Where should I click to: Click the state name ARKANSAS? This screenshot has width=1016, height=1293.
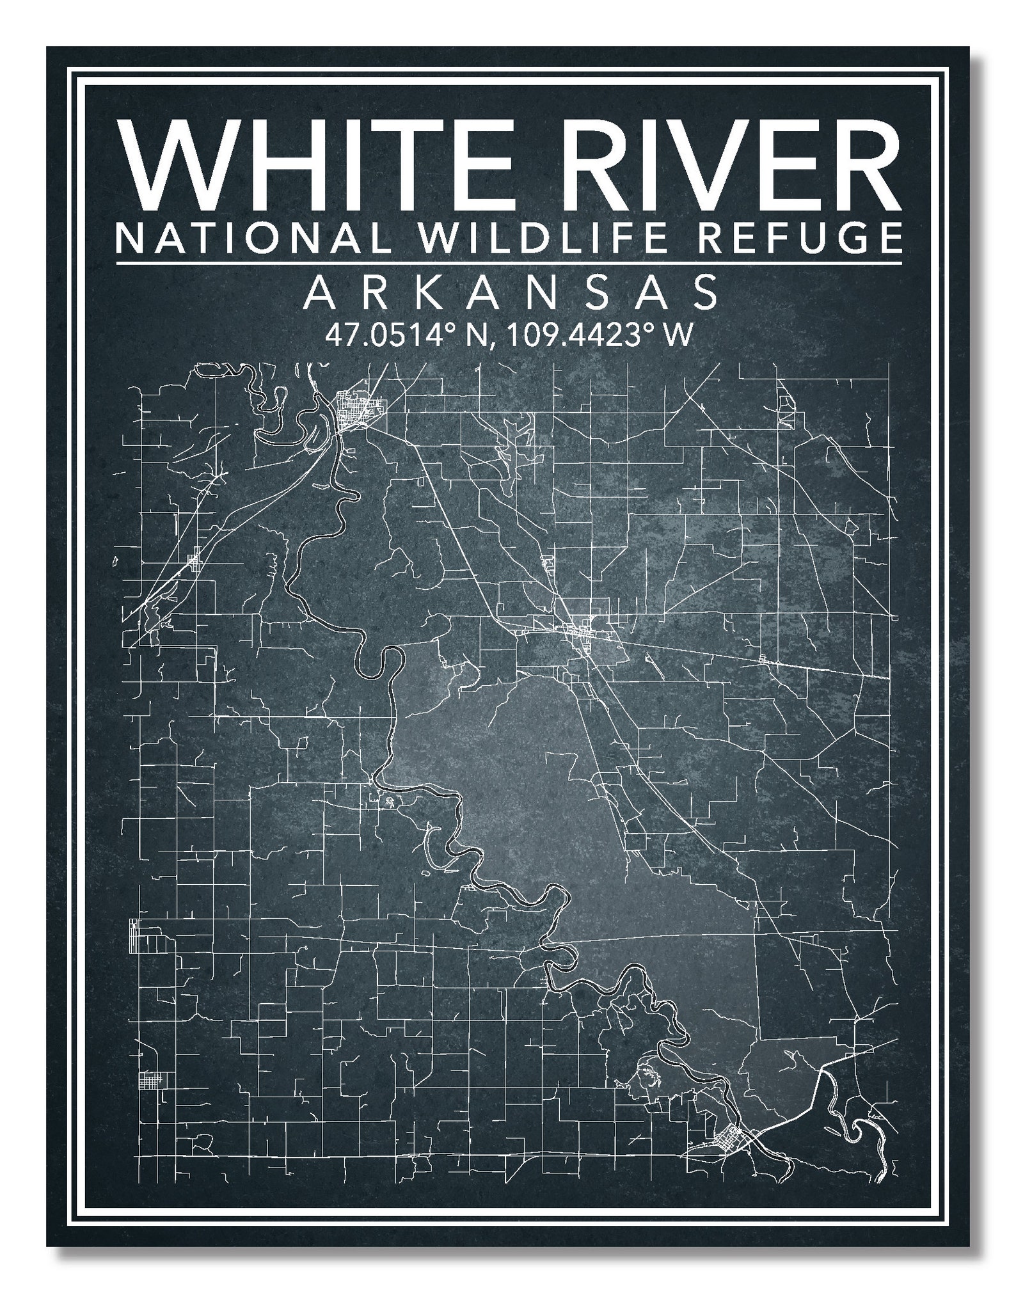point(510,294)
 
